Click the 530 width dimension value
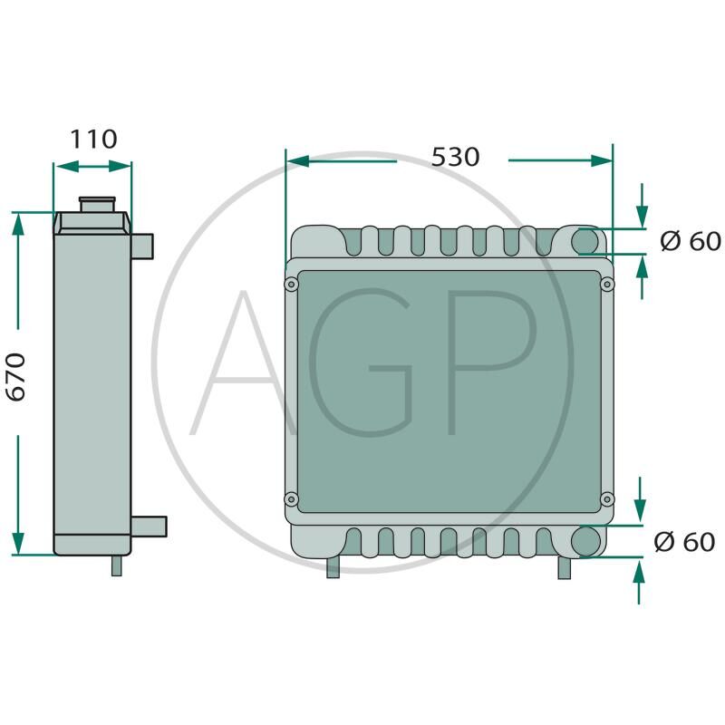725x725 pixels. (x=455, y=157)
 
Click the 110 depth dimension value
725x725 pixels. (x=94, y=140)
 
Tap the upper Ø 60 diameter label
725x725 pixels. (x=690, y=241)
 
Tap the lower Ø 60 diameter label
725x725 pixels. (x=684, y=542)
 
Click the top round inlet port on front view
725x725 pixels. (x=586, y=241)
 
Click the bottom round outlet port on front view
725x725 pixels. (x=586, y=541)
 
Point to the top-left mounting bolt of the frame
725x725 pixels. (x=291, y=285)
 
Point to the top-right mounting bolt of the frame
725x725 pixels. (x=606, y=285)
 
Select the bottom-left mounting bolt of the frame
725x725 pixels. (x=291, y=498)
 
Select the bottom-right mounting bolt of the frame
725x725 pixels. (x=606, y=498)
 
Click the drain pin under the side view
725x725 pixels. (x=116, y=565)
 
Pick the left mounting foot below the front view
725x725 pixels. (x=333, y=568)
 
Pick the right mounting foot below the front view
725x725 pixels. (x=564, y=568)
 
